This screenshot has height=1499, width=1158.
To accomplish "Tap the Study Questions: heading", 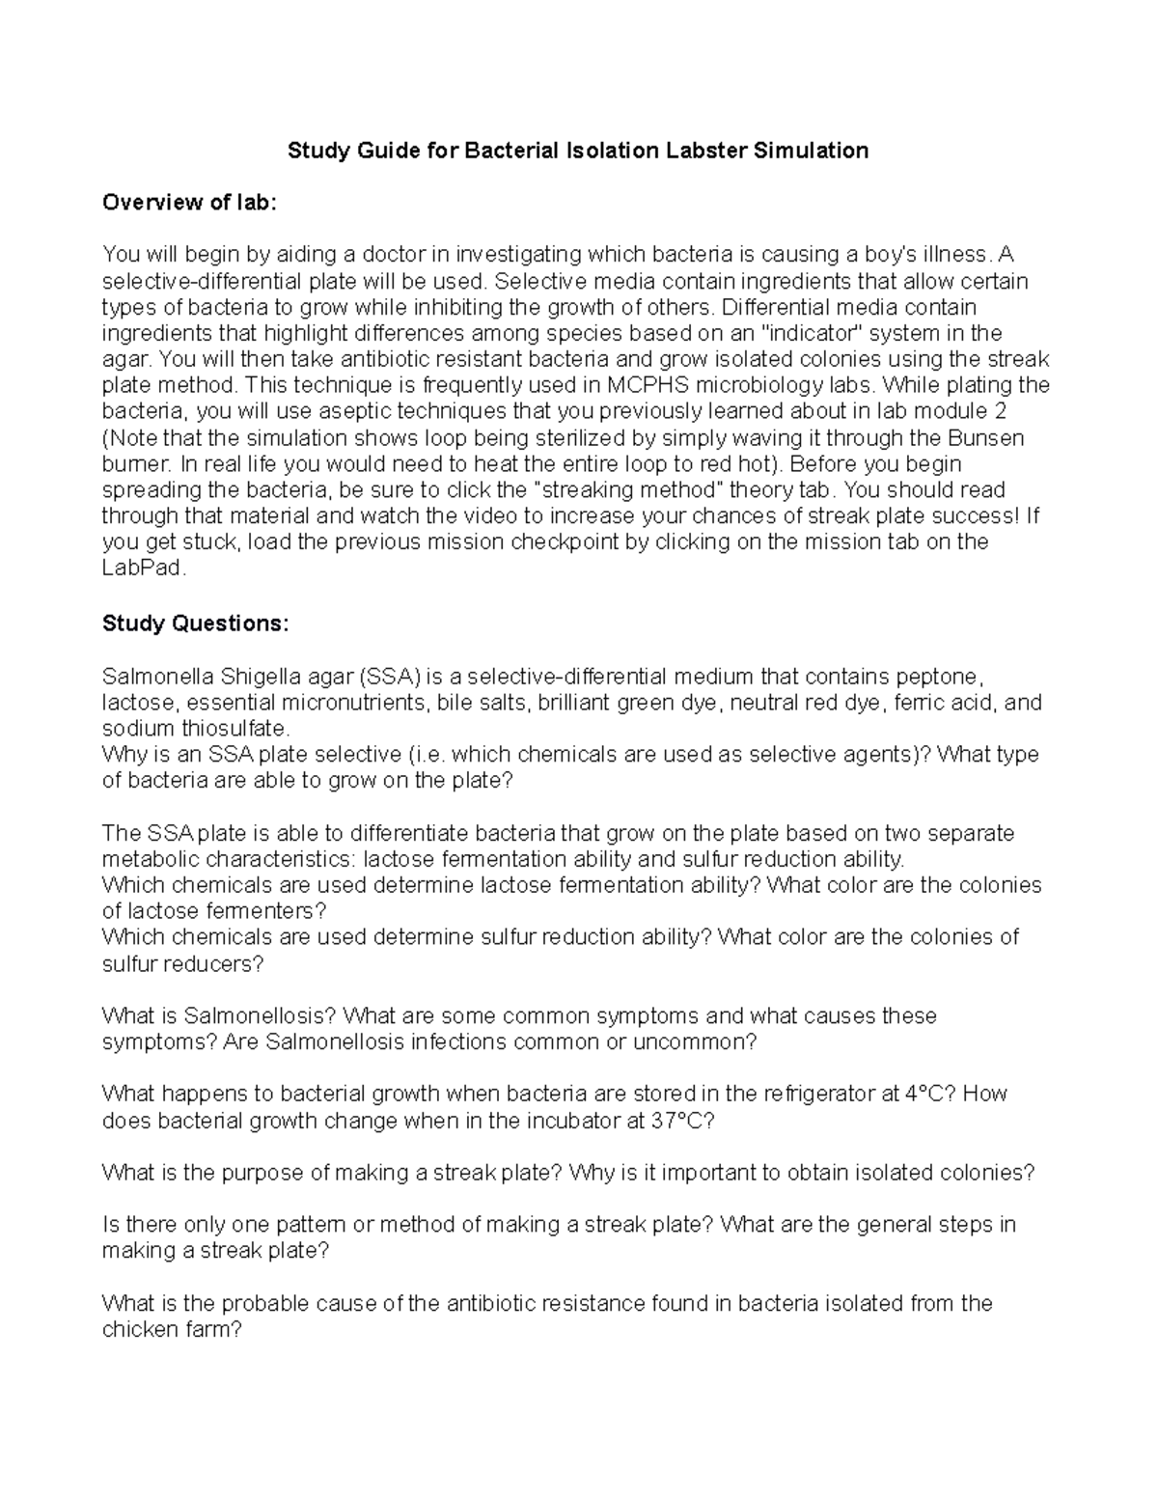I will (195, 624).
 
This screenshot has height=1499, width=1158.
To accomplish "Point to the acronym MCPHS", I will (651, 386).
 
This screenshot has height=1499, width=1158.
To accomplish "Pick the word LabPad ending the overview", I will (141, 569).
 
